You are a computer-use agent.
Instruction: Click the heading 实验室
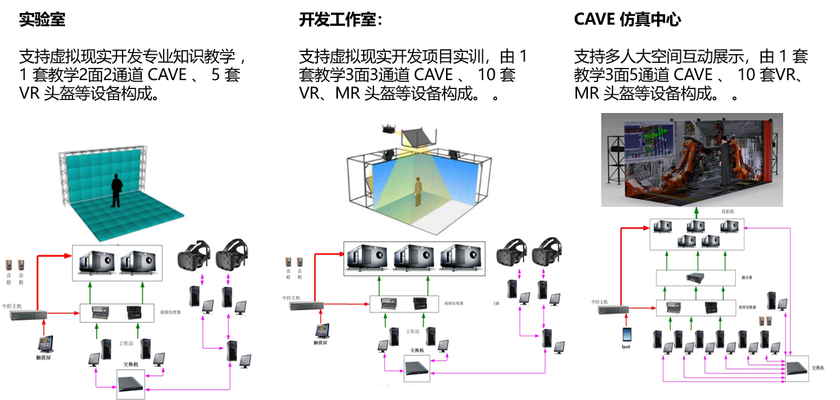[42, 20]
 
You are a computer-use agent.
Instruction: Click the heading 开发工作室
[340, 20]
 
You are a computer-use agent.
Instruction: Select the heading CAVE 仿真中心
[627, 20]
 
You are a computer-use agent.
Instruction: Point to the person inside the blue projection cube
[417, 190]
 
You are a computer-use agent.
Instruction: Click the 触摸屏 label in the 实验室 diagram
[45, 357]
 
